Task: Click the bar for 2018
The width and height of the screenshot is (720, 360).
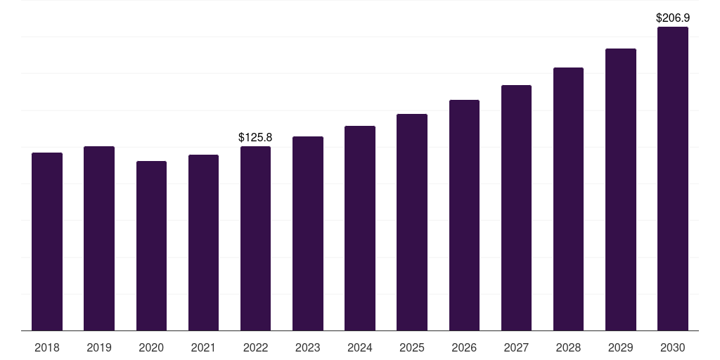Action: pyautogui.click(x=47, y=242)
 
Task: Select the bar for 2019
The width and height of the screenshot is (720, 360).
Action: pyautogui.click(x=99, y=238)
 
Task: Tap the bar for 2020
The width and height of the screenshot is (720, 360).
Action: pyautogui.click(x=151, y=245)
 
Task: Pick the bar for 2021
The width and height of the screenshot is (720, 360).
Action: pyautogui.click(x=203, y=243)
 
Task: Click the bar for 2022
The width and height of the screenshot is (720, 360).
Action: pyautogui.click(x=255, y=238)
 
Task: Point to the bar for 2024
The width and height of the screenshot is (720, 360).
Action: pyautogui.click(x=360, y=229)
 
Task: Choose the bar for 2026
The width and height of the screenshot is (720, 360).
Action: pyautogui.click(x=464, y=215)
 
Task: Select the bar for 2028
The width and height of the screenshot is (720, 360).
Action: pyautogui.click(x=568, y=199)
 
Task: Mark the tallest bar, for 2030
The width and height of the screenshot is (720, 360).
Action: pyautogui.click(x=673, y=179)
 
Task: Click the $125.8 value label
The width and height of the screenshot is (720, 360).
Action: pyautogui.click(x=255, y=137)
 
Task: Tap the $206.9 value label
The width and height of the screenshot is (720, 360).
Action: pyautogui.click(x=673, y=18)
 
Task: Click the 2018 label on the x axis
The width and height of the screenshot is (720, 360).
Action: pyautogui.click(x=47, y=347)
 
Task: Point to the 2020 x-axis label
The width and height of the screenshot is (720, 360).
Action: pyautogui.click(x=151, y=347)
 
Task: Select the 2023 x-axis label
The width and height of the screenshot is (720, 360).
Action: pyautogui.click(x=308, y=347)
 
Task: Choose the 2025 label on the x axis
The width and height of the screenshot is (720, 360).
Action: pyautogui.click(x=412, y=347)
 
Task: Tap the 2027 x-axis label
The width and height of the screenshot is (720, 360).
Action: pyautogui.click(x=516, y=347)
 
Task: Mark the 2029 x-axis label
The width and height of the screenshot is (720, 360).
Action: pyautogui.click(x=620, y=347)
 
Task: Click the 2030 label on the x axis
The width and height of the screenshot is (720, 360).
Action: pyautogui.click(x=673, y=347)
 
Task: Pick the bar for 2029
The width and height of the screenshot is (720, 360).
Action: pyautogui.click(x=621, y=189)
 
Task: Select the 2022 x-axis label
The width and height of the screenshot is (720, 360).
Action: pyautogui.click(x=255, y=347)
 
